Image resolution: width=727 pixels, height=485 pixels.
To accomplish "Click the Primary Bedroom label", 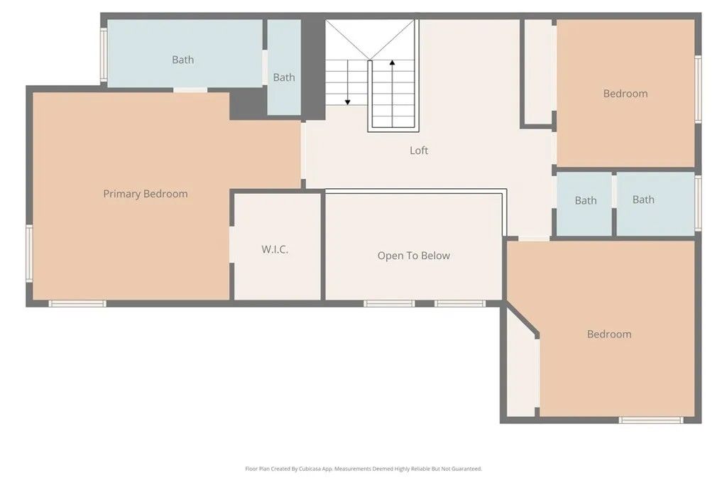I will pyautogui.click(x=146, y=194).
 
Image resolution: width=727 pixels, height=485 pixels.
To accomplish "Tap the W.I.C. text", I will pyautogui.click(x=275, y=250).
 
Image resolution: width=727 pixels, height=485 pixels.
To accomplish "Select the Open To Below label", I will pyautogui.click(x=413, y=256).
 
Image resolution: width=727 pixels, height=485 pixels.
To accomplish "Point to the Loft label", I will pyautogui.click(x=419, y=151).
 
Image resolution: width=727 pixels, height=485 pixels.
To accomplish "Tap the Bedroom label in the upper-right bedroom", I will pyautogui.click(x=625, y=94).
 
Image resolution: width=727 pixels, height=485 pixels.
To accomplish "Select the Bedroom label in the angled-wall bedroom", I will pyautogui.click(x=609, y=334).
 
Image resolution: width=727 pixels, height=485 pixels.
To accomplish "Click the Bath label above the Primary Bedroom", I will pyautogui.click(x=182, y=60).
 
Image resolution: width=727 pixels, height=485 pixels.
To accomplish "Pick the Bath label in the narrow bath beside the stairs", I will pyautogui.click(x=284, y=77).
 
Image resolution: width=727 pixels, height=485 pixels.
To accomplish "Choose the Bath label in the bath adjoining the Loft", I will pyautogui.click(x=586, y=201).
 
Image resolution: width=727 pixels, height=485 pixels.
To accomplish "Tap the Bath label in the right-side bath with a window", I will pyautogui.click(x=643, y=200).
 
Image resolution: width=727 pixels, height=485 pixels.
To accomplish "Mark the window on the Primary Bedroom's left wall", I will pyautogui.click(x=29, y=254).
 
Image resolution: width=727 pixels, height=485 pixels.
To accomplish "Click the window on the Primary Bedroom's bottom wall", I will pyautogui.click(x=77, y=304).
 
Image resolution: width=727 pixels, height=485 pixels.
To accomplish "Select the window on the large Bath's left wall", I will pyautogui.click(x=104, y=54).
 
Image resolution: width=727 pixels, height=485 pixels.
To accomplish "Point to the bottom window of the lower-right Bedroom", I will pyautogui.click(x=651, y=420).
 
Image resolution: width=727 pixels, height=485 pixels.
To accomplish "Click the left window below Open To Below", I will pyautogui.click(x=389, y=304).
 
